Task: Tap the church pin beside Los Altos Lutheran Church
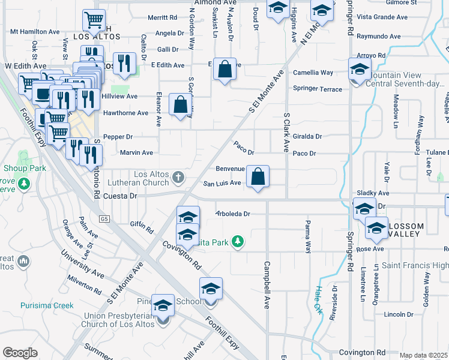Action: point(178,178)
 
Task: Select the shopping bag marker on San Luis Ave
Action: point(258,178)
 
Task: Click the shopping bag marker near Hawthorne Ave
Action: point(180,105)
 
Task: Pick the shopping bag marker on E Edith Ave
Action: point(224,70)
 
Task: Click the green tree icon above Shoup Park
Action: point(25,158)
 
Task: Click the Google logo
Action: point(20,352)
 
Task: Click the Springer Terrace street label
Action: point(318,89)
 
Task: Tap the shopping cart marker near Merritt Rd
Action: point(94,20)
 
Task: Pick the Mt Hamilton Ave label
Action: point(35,31)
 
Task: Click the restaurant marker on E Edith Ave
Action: point(124,62)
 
